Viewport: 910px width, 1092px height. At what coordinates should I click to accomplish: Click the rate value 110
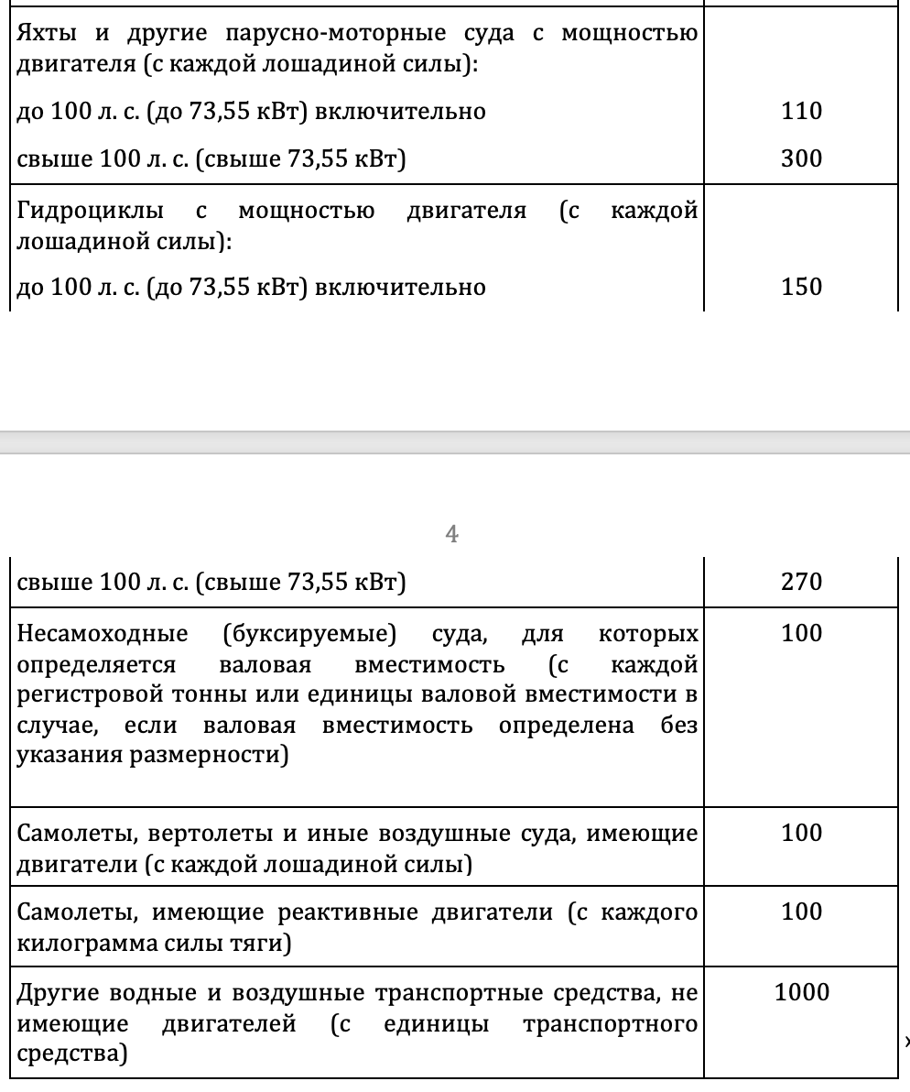pyautogui.click(x=802, y=112)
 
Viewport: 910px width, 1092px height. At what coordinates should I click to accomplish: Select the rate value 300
pyautogui.click(x=802, y=159)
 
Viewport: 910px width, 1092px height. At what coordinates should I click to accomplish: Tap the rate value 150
pyautogui.click(x=802, y=288)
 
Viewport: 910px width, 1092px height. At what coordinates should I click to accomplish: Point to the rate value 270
pyautogui.click(x=802, y=583)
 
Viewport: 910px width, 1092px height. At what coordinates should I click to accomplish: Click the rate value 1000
pyautogui.click(x=802, y=992)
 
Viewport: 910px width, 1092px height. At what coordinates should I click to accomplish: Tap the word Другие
pyautogui.click(x=58, y=993)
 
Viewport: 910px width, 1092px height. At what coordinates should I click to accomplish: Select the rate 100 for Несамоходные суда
pyautogui.click(x=802, y=634)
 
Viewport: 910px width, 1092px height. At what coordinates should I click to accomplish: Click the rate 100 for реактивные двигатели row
pyautogui.click(x=802, y=912)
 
